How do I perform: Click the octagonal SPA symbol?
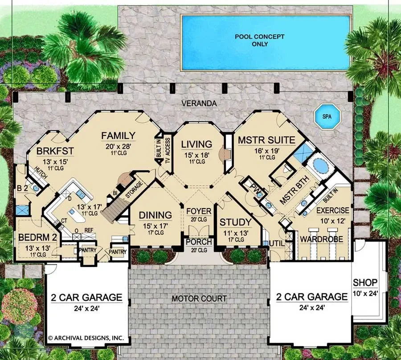click(329, 117)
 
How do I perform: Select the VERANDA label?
click(199, 103)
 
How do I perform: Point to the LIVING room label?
click(196, 144)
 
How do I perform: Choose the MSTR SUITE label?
click(266, 140)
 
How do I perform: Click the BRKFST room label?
click(55, 150)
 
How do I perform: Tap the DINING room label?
click(155, 215)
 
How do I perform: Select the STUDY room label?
click(236, 222)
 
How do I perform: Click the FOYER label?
click(198, 211)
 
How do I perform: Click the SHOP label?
click(365, 282)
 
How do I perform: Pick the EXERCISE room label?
click(333, 210)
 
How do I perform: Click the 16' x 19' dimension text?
click(266, 151)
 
